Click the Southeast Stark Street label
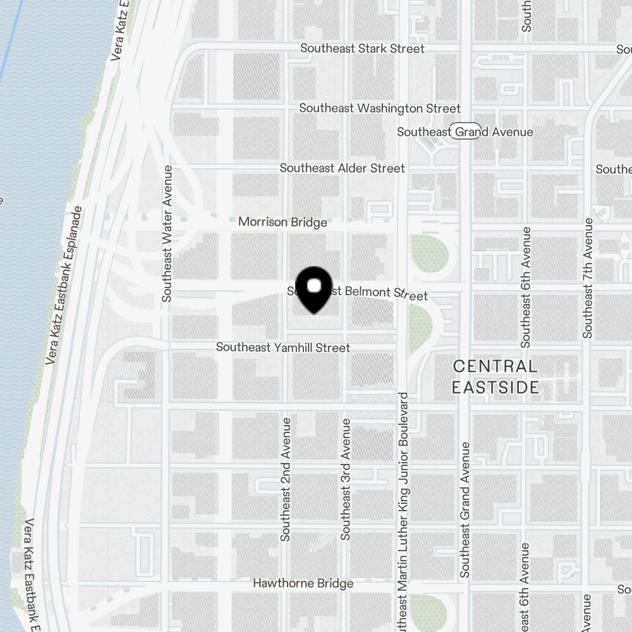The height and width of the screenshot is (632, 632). coord(362,49)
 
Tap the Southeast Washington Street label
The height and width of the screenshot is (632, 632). coord(380,109)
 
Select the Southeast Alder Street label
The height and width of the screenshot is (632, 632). coord(342,168)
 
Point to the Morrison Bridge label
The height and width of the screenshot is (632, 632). coord(283,222)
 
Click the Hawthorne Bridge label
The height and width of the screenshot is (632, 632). coord(303,583)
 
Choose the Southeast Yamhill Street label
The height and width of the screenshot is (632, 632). coord(283,348)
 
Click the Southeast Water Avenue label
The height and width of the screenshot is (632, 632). coord(167,233)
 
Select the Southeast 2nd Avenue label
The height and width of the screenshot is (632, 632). coord(286,478)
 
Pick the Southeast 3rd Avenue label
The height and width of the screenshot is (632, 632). coord(346,478)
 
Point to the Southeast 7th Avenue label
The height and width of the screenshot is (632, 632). coord(588,277)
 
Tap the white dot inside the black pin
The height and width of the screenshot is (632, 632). coord(314,286)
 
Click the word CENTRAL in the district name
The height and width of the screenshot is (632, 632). coord(495,366)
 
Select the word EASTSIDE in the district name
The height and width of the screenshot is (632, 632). coord(495,387)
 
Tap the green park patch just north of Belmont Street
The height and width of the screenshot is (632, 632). coord(430,253)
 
